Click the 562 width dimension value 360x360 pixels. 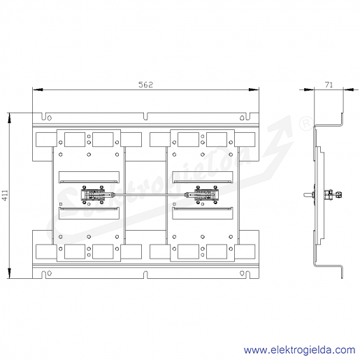coord(146,85)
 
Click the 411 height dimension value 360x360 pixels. coord(5,195)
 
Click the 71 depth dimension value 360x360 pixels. coord(329,85)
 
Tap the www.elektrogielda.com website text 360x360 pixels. coord(299,350)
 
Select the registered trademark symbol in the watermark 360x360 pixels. coord(306,124)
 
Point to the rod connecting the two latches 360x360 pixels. coord(150,194)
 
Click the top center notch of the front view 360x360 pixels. coord(145,116)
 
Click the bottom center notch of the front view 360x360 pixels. coord(145,275)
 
